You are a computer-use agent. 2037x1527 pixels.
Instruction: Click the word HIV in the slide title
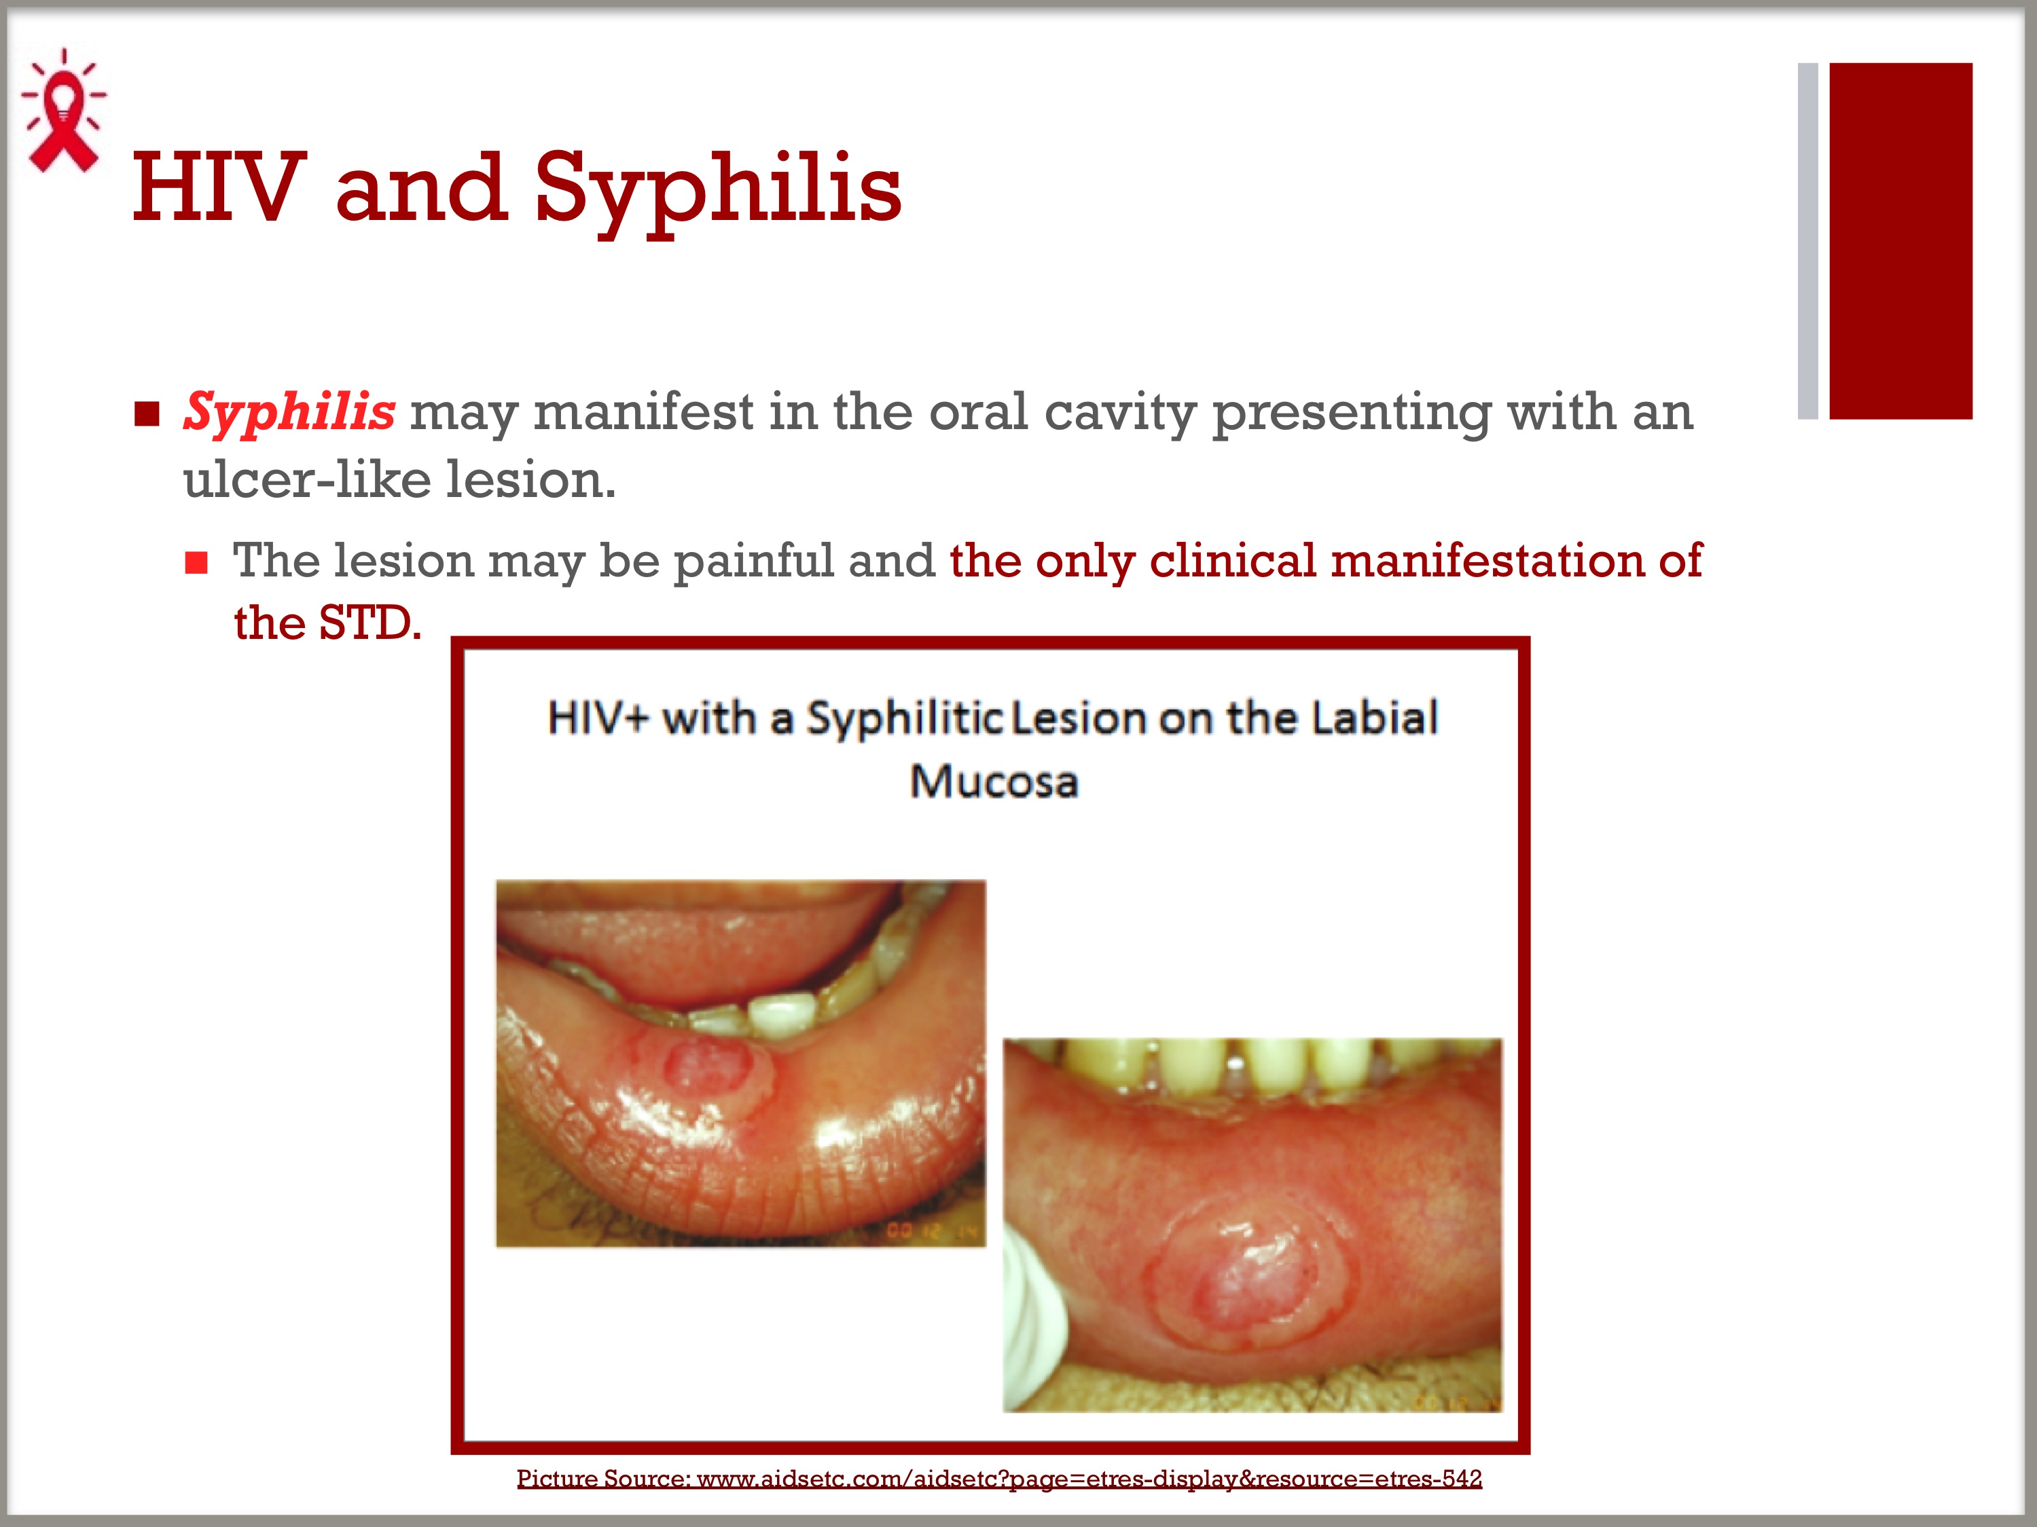pos(219,188)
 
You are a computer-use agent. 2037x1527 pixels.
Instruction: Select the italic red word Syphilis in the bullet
pos(289,411)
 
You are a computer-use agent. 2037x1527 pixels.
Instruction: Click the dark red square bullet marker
pos(147,414)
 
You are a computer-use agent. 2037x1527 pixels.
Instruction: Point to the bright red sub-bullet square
pos(196,562)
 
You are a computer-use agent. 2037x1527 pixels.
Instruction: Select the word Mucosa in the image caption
pos(994,781)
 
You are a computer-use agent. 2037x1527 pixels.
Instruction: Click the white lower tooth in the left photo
pos(781,1012)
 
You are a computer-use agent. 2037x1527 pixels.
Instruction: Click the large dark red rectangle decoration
pos(1900,241)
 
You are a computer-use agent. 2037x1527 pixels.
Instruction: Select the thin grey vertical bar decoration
pos(1807,241)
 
